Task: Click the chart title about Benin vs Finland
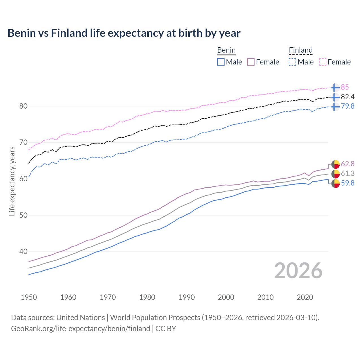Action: pyautogui.click(x=124, y=33)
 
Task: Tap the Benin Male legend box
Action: pyautogui.click(x=221, y=62)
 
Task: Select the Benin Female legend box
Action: pyautogui.click(x=251, y=62)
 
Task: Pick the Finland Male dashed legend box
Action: pyautogui.click(x=292, y=62)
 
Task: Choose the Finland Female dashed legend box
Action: pyautogui.click(x=323, y=62)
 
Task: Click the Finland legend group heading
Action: pyautogui.click(x=301, y=50)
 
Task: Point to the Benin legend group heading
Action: pyautogui.click(x=226, y=50)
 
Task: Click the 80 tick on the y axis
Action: pyautogui.click(x=23, y=106)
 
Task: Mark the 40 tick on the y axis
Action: pyautogui.click(x=23, y=251)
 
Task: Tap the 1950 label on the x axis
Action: pyautogui.click(x=29, y=297)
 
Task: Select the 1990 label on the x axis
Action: pyautogui.click(x=187, y=297)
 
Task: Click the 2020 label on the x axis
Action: pyautogui.click(x=305, y=297)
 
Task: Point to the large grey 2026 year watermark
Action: pyautogui.click(x=298, y=271)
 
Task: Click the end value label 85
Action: pyautogui.click(x=345, y=87)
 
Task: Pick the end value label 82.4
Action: pyautogui.click(x=348, y=97)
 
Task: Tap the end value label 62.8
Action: pyautogui.click(x=348, y=164)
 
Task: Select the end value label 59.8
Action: pyautogui.click(x=348, y=183)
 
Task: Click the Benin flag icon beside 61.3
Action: pyautogui.click(x=335, y=174)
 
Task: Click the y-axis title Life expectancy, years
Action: pyautogui.click(x=12, y=181)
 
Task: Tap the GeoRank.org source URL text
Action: pyautogui.click(x=81, y=329)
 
